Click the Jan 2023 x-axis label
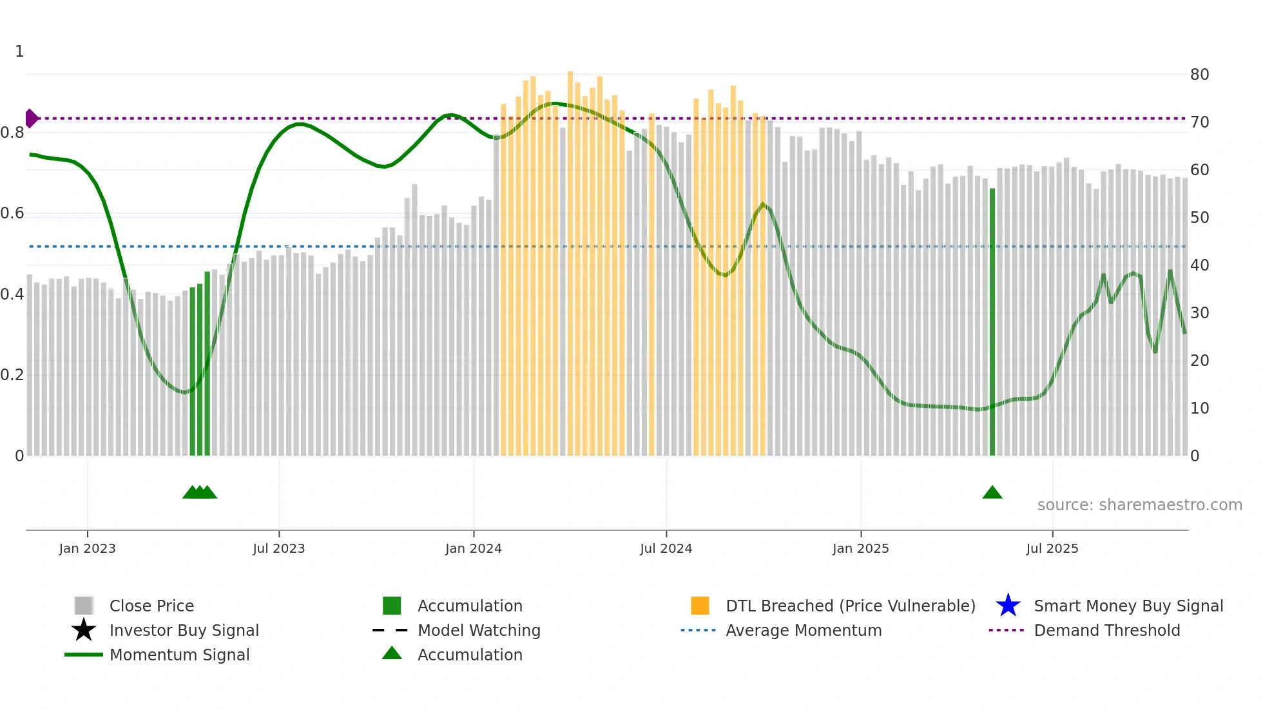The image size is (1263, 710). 87,548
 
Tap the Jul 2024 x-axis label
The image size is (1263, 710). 666,548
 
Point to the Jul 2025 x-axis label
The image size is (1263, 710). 1052,548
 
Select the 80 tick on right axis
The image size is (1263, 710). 1199,75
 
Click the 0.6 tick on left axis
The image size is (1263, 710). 13,213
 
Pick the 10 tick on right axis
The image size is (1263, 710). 1199,408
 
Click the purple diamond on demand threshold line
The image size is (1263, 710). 31,119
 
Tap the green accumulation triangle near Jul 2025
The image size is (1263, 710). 992,493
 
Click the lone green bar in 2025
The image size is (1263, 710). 992,322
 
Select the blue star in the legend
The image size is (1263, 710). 1008,606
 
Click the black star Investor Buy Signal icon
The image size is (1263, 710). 84,630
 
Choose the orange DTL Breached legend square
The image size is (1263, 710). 700,606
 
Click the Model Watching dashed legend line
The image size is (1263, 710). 390,630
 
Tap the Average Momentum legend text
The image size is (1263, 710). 804,630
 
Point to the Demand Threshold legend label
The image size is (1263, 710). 1106,630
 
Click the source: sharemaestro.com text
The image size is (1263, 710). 1139,505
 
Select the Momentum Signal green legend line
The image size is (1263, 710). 84,655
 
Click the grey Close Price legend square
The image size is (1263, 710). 84,606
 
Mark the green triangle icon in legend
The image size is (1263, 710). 392,653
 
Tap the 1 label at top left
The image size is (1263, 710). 19,52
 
